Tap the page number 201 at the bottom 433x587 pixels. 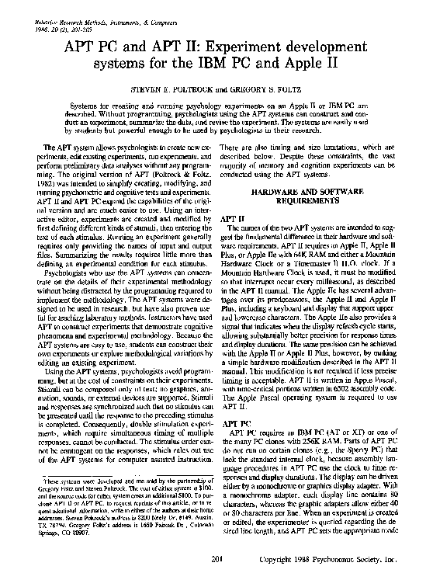(216, 578)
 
